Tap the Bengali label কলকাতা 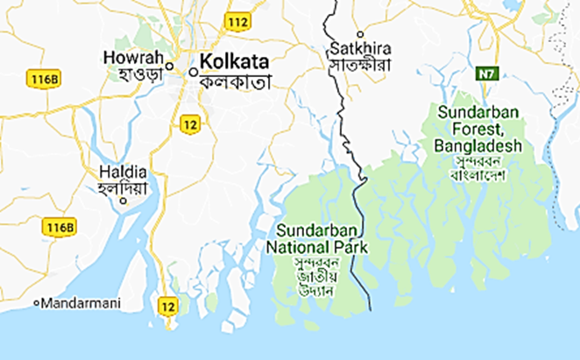click(236, 81)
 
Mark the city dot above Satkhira click(360, 34)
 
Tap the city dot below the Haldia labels click(124, 201)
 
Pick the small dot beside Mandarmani click(37, 303)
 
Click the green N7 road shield click(486, 74)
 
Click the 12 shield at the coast click(167, 305)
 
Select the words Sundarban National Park click(317, 239)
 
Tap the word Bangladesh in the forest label click(479, 145)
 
